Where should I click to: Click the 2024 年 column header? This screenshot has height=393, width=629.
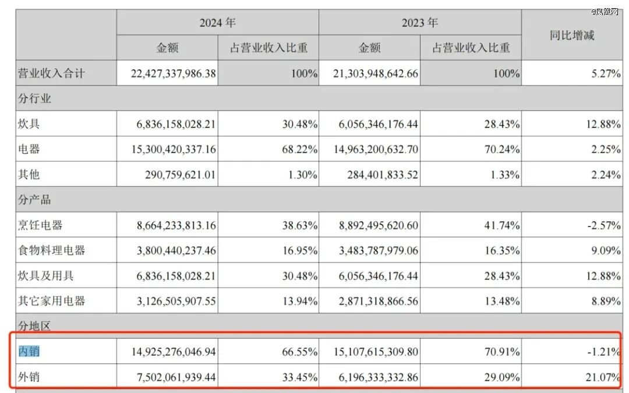point(217,23)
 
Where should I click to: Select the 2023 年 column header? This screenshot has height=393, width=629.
point(419,23)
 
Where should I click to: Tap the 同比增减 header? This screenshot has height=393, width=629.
point(572,35)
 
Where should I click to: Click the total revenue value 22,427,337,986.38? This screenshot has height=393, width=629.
point(167,74)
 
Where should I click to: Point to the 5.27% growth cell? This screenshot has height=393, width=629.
point(605,74)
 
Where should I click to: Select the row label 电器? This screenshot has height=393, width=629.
point(29,149)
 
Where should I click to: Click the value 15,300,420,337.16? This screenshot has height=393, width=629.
point(167,150)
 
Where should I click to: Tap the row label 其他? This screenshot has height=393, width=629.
point(29,174)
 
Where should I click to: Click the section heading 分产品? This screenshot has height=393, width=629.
point(34,200)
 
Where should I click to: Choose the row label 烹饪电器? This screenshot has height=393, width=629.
point(40,225)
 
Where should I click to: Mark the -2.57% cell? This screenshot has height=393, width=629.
point(603,225)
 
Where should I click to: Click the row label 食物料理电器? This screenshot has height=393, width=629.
point(51,250)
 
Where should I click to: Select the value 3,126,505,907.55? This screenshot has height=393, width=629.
point(167,301)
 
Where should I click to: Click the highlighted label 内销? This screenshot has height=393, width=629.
point(29,352)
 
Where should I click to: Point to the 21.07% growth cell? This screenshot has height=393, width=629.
point(603,377)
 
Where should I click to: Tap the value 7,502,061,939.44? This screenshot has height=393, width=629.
point(167,377)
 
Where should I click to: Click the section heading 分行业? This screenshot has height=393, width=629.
point(34,98)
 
